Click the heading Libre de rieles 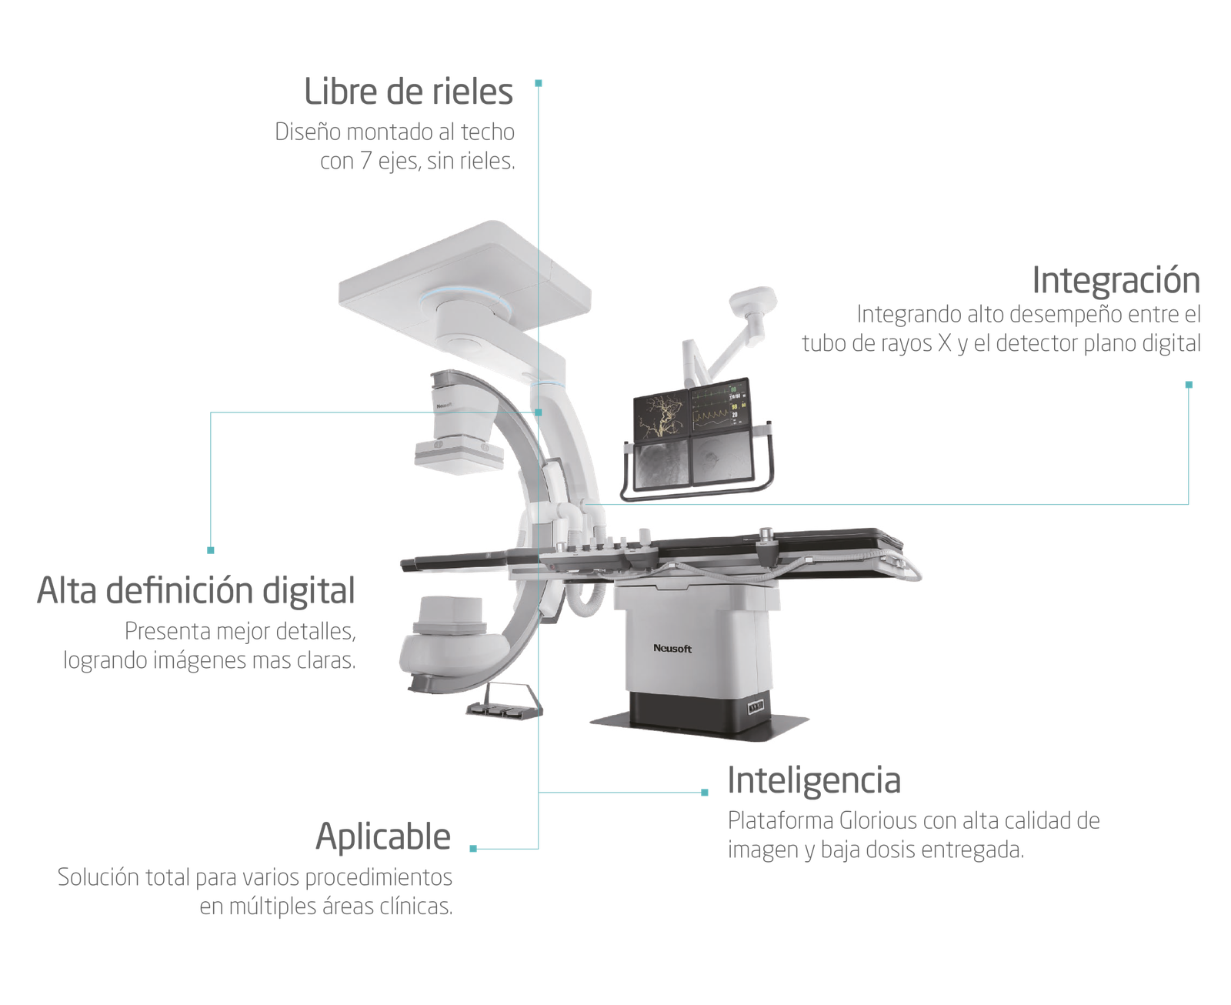408,92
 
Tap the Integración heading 1116,281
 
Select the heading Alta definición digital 195,590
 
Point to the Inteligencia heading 814,781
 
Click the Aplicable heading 383,836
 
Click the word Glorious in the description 879,820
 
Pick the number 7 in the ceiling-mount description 366,161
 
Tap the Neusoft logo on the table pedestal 672,648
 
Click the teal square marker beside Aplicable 473,849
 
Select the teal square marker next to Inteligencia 705,793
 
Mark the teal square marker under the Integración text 1189,385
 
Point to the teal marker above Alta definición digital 211,550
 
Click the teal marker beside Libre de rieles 538,84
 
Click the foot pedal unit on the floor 504,701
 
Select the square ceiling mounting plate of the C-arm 465,275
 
